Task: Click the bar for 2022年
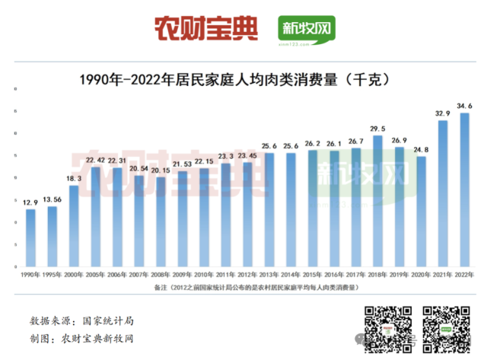(x=464, y=190)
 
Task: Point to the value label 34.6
(x=464, y=105)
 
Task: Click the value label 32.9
(x=443, y=113)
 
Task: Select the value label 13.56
(x=53, y=199)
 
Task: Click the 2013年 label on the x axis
(x=269, y=274)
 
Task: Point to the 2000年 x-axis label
(x=74, y=274)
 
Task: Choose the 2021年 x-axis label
(x=443, y=274)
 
